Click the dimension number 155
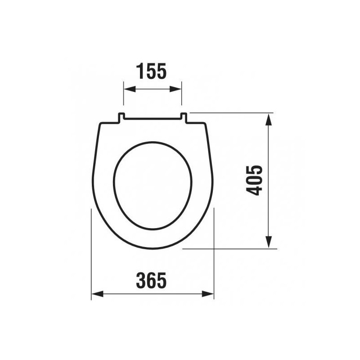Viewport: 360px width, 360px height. (x=151, y=71)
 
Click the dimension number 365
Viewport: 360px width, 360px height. (x=151, y=280)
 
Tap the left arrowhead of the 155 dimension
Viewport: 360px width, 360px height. (x=129, y=89)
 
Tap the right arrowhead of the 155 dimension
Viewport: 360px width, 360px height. (x=175, y=89)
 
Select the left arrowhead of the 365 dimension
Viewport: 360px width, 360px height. (x=97, y=294)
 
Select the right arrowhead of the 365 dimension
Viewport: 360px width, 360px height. (x=208, y=294)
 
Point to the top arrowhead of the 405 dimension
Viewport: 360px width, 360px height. (x=268, y=119)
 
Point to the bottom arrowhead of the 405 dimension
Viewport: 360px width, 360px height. (x=268, y=242)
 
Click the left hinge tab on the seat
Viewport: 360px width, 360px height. (x=121, y=117)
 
